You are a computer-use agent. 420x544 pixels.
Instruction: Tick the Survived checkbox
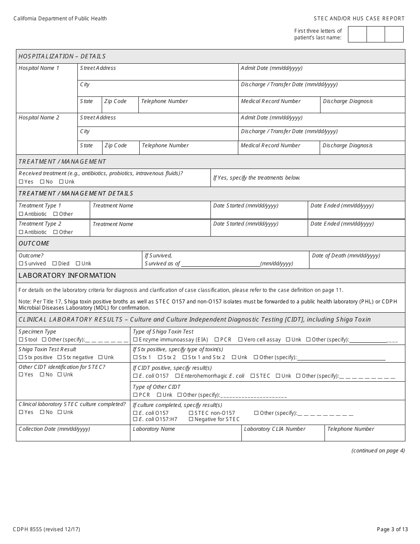coord(21,264)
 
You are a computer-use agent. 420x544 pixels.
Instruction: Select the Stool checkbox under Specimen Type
coord(21,340)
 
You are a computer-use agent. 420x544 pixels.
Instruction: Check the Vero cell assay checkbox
coord(240,340)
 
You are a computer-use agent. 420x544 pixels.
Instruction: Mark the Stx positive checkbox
coord(21,357)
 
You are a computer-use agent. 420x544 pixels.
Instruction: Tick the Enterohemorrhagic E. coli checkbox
coord(177,376)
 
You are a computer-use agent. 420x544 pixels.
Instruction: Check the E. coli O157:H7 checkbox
coord(135,419)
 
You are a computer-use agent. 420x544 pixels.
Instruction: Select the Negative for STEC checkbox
coord(191,419)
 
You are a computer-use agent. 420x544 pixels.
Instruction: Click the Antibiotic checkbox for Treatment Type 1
coord(21,214)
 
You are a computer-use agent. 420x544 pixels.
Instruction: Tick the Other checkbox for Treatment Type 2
coord(55,232)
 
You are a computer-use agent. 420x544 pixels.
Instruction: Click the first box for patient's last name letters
coord(357,34)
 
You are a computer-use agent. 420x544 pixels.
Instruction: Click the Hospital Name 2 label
coord(39,118)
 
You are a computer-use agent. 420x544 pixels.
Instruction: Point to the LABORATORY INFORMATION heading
coord(67,276)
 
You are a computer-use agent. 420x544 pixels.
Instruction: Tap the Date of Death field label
coord(346,256)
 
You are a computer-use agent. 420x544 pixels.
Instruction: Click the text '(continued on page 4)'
coord(378,451)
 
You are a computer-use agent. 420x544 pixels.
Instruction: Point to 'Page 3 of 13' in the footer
coord(390,529)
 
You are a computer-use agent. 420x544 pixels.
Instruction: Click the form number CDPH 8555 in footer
coord(46,529)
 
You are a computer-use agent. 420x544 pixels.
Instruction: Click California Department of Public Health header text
coord(60,19)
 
